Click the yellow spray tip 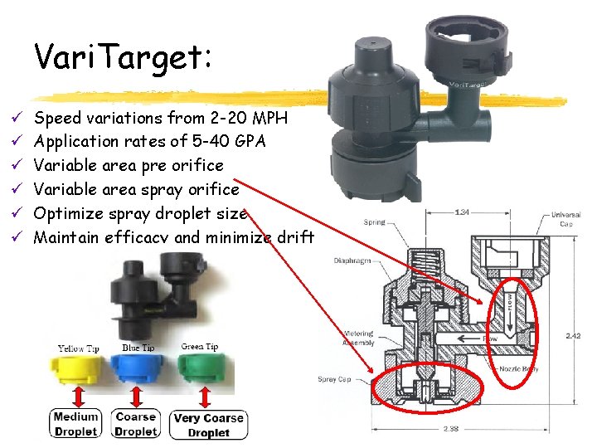[x=76, y=372]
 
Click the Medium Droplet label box [x=75, y=423]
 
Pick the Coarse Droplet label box [x=136, y=423]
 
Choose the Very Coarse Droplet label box [x=208, y=425]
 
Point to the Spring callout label [x=374, y=222]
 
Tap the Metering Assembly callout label [x=357, y=338]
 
